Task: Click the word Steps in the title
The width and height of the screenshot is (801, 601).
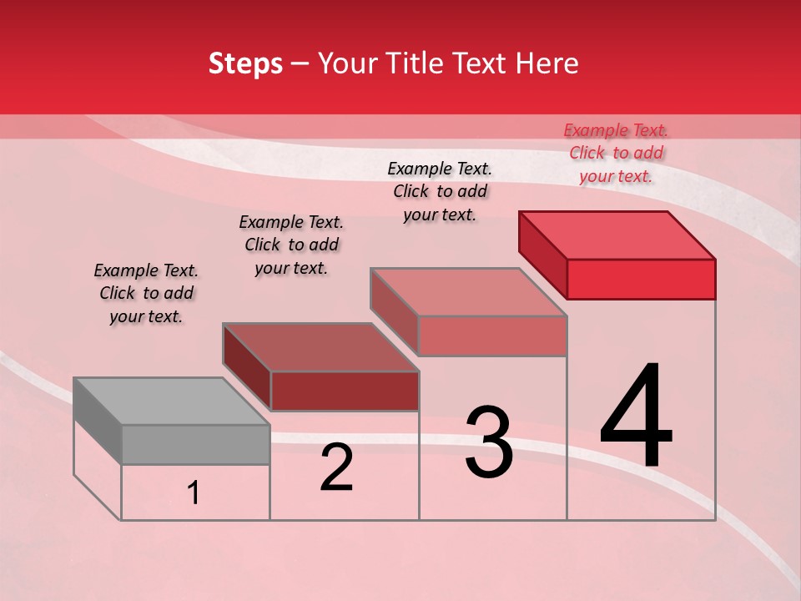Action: tap(245, 63)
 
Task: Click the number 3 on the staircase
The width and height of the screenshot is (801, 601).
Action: tap(488, 442)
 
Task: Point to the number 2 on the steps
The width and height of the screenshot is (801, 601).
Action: tap(336, 467)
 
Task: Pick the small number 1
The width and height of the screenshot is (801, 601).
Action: tap(194, 493)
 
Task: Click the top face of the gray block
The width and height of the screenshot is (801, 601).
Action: tap(171, 402)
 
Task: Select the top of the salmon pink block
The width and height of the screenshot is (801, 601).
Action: tap(469, 292)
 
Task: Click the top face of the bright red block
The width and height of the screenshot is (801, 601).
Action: tap(617, 235)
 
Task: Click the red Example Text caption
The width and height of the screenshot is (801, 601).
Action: tap(616, 153)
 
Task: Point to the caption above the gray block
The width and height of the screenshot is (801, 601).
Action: tap(146, 293)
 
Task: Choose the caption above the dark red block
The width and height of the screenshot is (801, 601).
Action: tap(291, 245)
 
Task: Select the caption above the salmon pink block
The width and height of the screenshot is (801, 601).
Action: tap(440, 191)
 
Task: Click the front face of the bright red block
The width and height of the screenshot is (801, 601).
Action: tap(641, 279)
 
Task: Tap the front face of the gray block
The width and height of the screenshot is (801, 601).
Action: tap(196, 444)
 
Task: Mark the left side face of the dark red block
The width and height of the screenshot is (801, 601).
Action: tap(247, 367)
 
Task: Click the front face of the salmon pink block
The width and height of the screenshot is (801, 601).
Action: tap(492, 336)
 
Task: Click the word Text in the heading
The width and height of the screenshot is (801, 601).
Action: tap(479, 63)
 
